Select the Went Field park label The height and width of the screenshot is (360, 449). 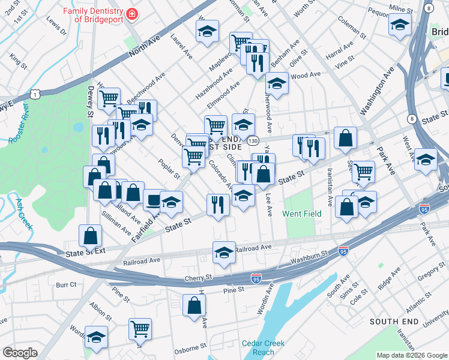[x=303, y=214]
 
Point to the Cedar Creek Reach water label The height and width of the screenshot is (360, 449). [x=263, y=348]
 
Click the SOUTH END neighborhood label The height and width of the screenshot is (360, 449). [x=393, y=322]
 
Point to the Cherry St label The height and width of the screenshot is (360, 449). [x=199, y=278]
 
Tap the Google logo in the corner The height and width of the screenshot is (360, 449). [x=20, y=353]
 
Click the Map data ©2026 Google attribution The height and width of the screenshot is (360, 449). [x=411, y=355]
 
